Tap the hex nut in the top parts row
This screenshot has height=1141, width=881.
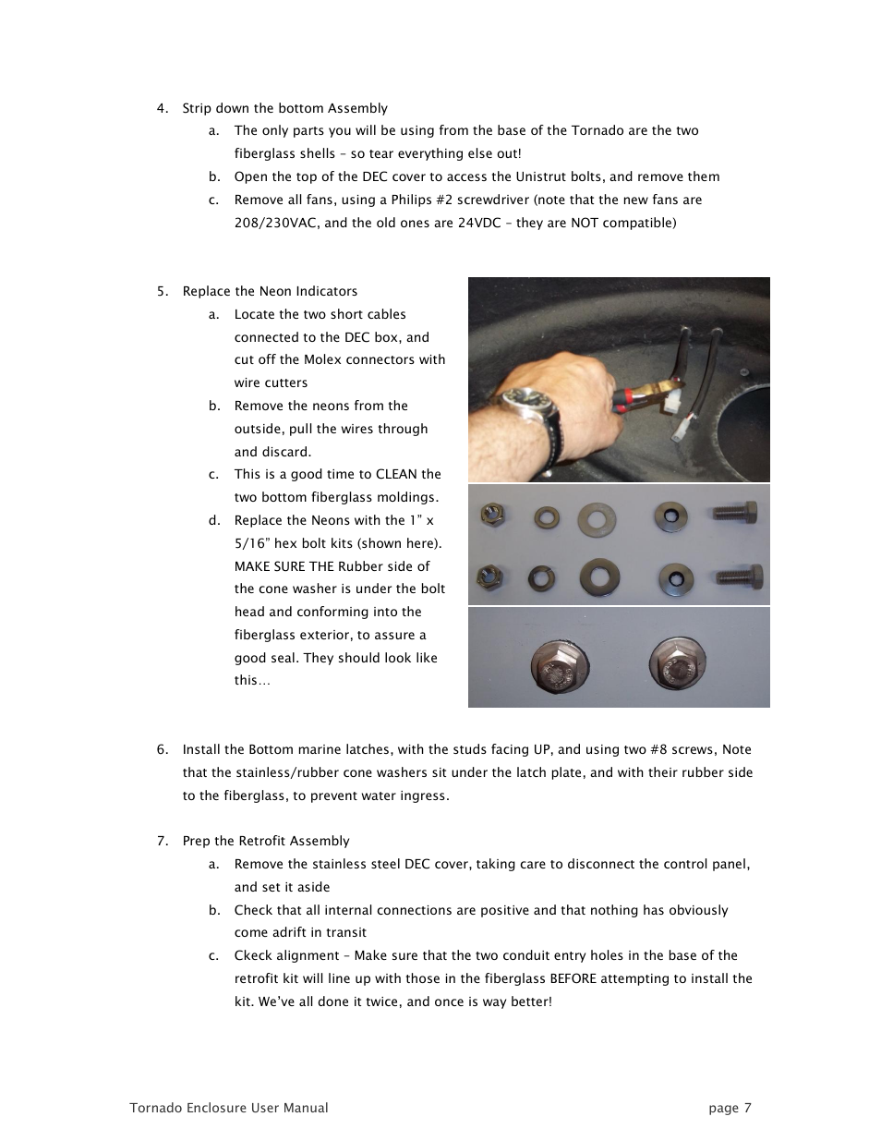coord(491,516)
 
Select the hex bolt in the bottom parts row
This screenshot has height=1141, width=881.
coord(736,577)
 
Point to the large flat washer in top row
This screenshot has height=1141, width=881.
coord(593,519)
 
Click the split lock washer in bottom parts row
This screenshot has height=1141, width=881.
coord(539,579)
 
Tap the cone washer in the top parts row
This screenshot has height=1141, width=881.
coord(670,517)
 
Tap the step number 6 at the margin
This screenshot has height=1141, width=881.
coord(162,749)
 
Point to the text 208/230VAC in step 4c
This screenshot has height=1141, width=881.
coord(272,223)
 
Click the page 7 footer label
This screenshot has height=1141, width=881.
coord(730,1108)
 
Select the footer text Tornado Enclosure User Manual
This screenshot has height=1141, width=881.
coord(228,1108)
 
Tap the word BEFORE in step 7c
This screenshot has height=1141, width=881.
coord(573,978)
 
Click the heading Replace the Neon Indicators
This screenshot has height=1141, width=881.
coord(270,291)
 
